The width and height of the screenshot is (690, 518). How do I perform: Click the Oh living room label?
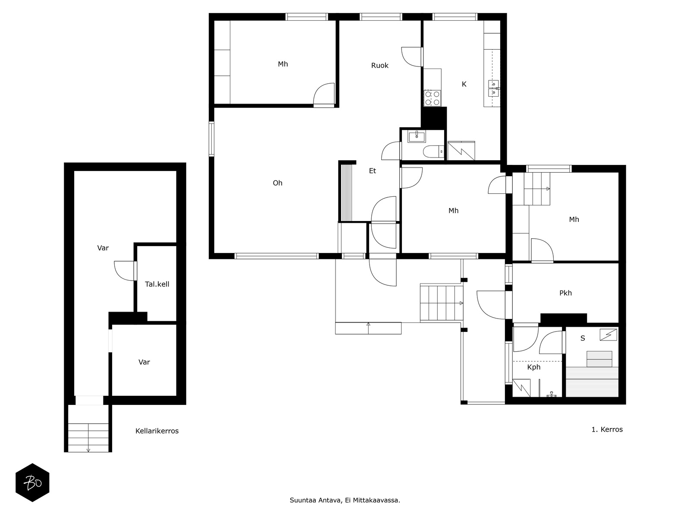277,183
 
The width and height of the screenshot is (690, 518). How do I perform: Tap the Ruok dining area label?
379,66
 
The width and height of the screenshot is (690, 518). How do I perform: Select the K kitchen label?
464,84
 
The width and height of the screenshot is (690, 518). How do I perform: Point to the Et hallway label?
372,171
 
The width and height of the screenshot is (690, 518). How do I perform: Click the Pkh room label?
565,293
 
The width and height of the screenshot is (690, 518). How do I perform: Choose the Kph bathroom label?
533,367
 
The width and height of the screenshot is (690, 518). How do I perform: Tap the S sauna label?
583,338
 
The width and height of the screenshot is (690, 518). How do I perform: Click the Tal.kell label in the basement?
157,284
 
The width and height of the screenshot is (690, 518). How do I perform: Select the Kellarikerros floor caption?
157,431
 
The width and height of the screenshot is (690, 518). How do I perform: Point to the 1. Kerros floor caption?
607,430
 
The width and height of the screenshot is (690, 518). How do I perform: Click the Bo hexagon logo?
32,483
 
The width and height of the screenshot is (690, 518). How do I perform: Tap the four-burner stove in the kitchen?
432,98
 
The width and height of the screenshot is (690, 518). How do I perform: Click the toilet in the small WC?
433,152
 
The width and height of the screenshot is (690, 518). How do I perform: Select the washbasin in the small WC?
416,137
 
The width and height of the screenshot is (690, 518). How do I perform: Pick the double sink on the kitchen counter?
493,88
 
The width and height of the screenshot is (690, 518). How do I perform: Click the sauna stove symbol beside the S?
608,335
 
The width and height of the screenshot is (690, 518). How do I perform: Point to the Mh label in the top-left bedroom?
282,64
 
